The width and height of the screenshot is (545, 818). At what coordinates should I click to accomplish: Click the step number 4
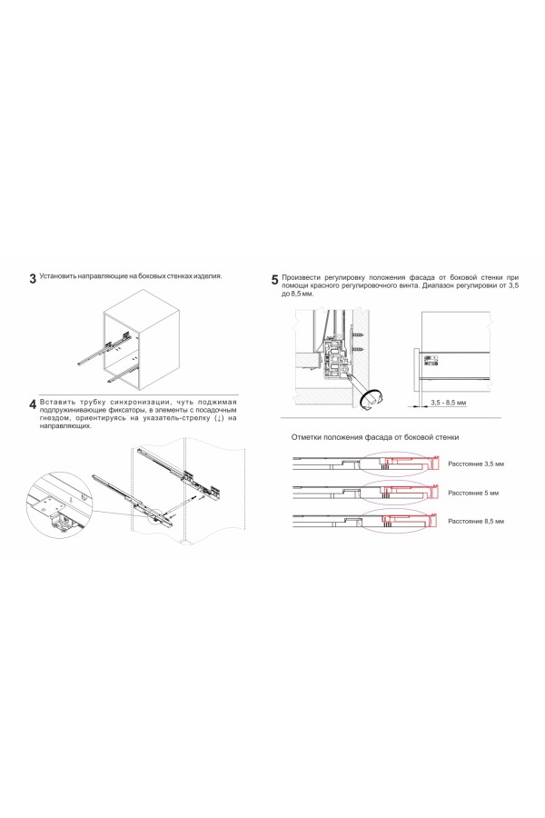(x=33, y=404)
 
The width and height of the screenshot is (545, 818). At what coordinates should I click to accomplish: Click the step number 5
(x=275, y=280)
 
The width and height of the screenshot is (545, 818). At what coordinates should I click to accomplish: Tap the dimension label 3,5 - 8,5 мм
(x=448, y=401)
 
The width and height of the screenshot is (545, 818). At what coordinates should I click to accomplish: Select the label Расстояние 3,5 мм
(x=475, y=464)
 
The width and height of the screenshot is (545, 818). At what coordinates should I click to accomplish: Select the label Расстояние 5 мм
(x=472, y=492)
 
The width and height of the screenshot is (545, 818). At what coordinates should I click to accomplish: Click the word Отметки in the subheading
(x=307, y=437)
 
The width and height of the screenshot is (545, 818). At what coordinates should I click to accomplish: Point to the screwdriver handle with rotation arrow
(x=372, y=396)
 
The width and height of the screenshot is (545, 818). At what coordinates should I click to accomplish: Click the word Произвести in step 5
(x=303, y=276)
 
